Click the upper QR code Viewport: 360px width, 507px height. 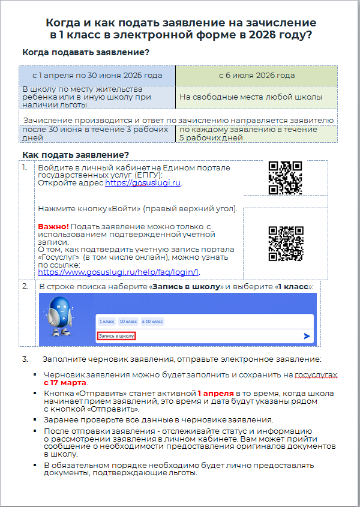coord(285,178)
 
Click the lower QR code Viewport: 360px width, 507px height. coord(285,243)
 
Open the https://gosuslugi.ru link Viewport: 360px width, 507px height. coord(143,183)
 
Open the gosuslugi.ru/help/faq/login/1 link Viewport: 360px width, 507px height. coord(118,271)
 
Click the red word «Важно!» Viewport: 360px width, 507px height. coord(53,227)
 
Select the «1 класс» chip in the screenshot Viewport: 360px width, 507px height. coord(107,322)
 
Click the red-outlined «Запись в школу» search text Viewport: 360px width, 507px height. coord(116,336)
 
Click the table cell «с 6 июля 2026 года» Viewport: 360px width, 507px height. coord(256,76)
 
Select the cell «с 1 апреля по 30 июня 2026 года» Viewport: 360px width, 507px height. coord(97,76)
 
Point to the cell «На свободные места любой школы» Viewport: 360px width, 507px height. coord(250,97)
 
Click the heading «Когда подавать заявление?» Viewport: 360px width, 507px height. coord(85,52)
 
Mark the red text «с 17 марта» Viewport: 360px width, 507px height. coord(65,382)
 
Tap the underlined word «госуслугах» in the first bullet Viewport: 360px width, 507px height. coord(316,374)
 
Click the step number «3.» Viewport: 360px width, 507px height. coord(25,359)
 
